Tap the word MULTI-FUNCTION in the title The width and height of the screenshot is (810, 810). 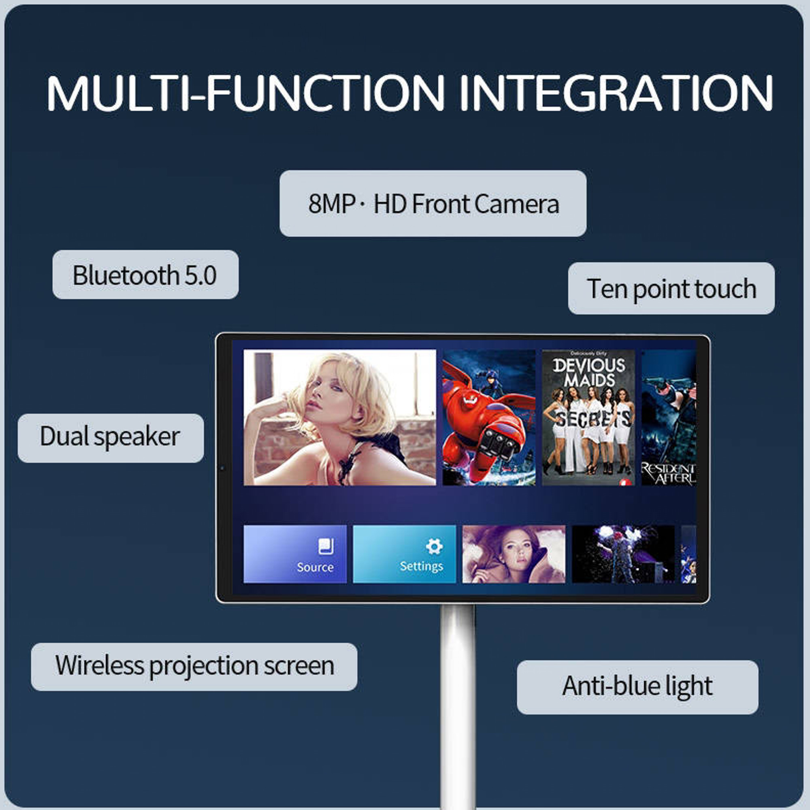click(x=245, y=93)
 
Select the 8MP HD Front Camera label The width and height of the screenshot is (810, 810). click(x=433, y=204)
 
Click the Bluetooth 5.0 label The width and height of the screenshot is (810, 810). click(x=145, y=275)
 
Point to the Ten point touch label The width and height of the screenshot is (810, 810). click(x=671, y=289)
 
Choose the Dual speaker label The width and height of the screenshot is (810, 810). click(x=110, y=437)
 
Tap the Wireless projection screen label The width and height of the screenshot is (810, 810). click(x=194, y=665)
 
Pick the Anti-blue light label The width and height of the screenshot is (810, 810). click(x=637, y=686)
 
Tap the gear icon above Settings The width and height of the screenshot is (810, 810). click(x=433, y=546)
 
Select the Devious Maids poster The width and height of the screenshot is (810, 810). click(x=588, y=418)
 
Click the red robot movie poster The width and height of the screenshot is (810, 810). click(x=489, y=418)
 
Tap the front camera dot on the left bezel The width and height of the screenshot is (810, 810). click(x=222, y=468)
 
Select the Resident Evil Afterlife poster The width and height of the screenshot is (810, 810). click(x=668, y=418)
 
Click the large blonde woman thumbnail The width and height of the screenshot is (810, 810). click(x=340, y=418)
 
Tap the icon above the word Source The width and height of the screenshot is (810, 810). click(x=326, y=546)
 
